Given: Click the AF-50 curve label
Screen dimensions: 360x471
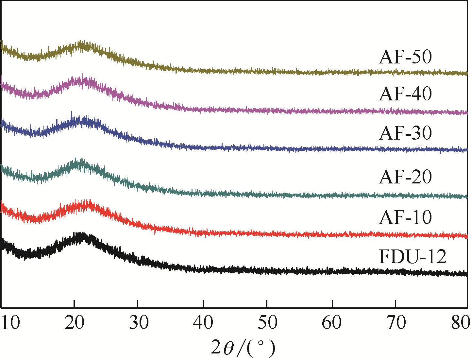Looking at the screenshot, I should pyautogui.click(x=405, y=57).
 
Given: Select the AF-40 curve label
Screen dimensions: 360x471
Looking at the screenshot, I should pyautogui.click(x=405, y=94).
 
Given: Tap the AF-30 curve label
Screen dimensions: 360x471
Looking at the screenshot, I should pyautogui.click(x=405, y=133).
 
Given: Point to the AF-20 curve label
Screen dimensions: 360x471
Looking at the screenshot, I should pyautogui.click(x=405, y=177).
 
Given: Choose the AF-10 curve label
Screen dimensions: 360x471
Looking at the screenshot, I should pyautogui.click(x=405, y=217).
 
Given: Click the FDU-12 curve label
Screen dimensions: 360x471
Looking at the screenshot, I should pyautogui.click(x=412, y=257).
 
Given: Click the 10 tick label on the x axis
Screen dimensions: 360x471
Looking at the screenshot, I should pyautogui.click(x=11, y=322).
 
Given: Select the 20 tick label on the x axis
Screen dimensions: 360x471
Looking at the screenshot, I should pyautogui.click(x=75, y=322).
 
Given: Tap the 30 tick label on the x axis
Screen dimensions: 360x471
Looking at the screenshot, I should pyautogui.click(x=139, y=322).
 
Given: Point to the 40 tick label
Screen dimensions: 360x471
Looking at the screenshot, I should pyautogui.click(x=203, y=322).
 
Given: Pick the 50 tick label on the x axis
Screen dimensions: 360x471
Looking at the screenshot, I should pyautogui.click(x=267, y=322).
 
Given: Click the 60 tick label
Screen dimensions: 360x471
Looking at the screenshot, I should pyautogui.click(x=331, y=322).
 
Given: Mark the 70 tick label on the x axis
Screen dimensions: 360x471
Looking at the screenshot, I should pyautogui.click(x=395, y=322).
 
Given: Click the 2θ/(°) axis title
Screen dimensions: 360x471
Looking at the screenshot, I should pyautogui.click(x=243, y=348).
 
